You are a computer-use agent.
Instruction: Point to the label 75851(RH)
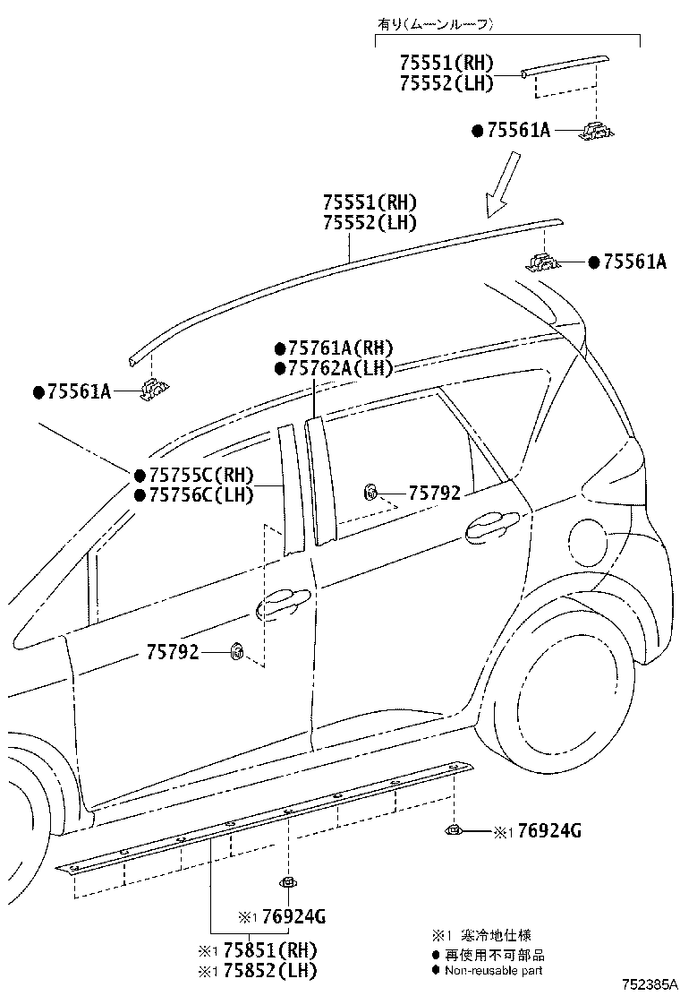[265, 951]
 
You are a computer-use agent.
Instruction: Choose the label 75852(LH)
[265, 971]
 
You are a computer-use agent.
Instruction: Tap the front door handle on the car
[283, 602]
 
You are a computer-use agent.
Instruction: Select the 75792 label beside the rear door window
[435, 493]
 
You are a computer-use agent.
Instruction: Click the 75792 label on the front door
[173, 652]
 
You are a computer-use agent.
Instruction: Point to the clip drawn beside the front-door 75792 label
[237, 650]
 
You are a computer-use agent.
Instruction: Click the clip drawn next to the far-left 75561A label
[154, 389]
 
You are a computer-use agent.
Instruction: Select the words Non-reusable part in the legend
[494, 971]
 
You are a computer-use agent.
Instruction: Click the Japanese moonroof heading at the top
[435, 25]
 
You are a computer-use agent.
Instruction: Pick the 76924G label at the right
[548, 831]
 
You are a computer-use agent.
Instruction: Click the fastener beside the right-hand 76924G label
[453, 829]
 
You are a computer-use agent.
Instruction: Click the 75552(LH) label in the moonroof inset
[446, 83]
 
